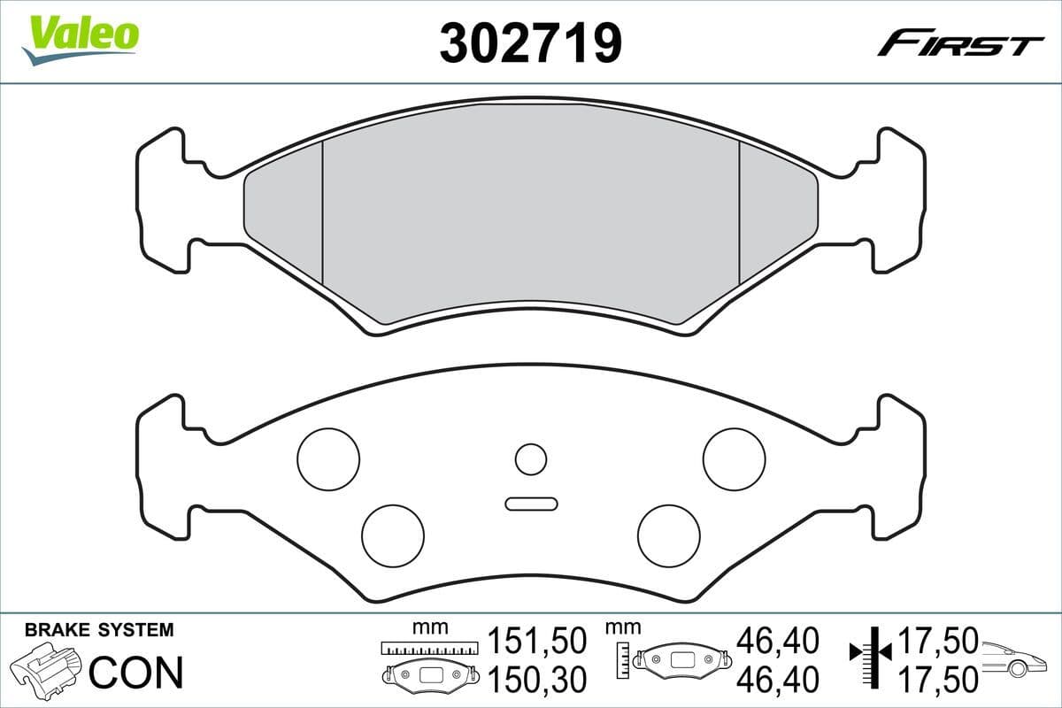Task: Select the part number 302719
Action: click(530, 42)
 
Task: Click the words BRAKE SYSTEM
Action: click(99, 630)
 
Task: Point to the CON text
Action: click(136, 673)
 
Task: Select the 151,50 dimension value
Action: click(537, 640)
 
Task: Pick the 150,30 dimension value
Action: click(537, 679)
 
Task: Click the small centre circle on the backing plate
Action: click(531, 459)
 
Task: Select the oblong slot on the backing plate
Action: click(531, 504)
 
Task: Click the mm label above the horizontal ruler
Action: click(430, 627)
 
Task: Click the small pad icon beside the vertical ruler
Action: click(686, 659)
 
